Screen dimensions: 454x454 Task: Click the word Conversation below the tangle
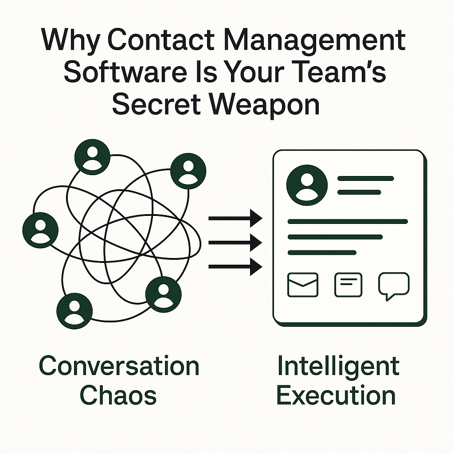click(119, 366)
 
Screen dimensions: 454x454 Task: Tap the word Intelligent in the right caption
click(338, 366)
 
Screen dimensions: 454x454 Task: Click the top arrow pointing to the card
click(235, 218)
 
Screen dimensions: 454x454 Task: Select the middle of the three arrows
click(235, 242)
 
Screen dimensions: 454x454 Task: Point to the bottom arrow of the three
click(235, 266)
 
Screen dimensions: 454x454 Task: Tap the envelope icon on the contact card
click(303, 285)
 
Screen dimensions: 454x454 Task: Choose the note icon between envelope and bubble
click(348, 285)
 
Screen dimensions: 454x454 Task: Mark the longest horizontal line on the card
click(348, 221)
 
